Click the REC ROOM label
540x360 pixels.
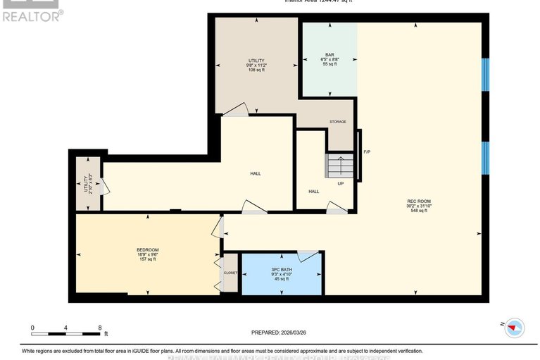pyautogui.click(x=417, y=201)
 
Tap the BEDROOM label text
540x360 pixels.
pyautogui.click(x=147, y=250)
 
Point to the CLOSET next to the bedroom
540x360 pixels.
pyautogui.click(x=230, y=272)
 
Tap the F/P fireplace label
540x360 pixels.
pyautogui.click(x=367, y=151)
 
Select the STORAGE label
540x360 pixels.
pyautogui.click(x=338, y=122)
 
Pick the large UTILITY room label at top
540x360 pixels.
pyautogui.click(x=256, y=61)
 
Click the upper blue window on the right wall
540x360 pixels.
pyautogui.click(x=484, y=74)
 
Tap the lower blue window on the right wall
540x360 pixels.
pyautogui.click(x=484, y=161)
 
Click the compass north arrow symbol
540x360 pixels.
pyautogui.click(x=515, y=326)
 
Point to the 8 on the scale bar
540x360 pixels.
pyautogui.click(x=99, y=328)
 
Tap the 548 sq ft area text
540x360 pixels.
pyautogui.click(x=417, y=211)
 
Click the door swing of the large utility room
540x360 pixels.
pyautogui.click(x=238, y=109)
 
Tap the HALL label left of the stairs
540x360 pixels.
pyautogui.click(x=313, y=191)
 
